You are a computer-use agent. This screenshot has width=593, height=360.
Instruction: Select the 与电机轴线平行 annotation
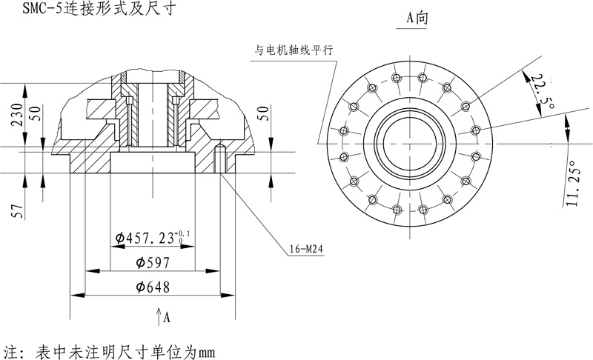pos(294,50)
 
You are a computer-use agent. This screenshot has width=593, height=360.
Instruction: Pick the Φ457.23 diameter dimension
pos(152,238)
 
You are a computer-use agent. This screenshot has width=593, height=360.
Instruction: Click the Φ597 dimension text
pos(153,262)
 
